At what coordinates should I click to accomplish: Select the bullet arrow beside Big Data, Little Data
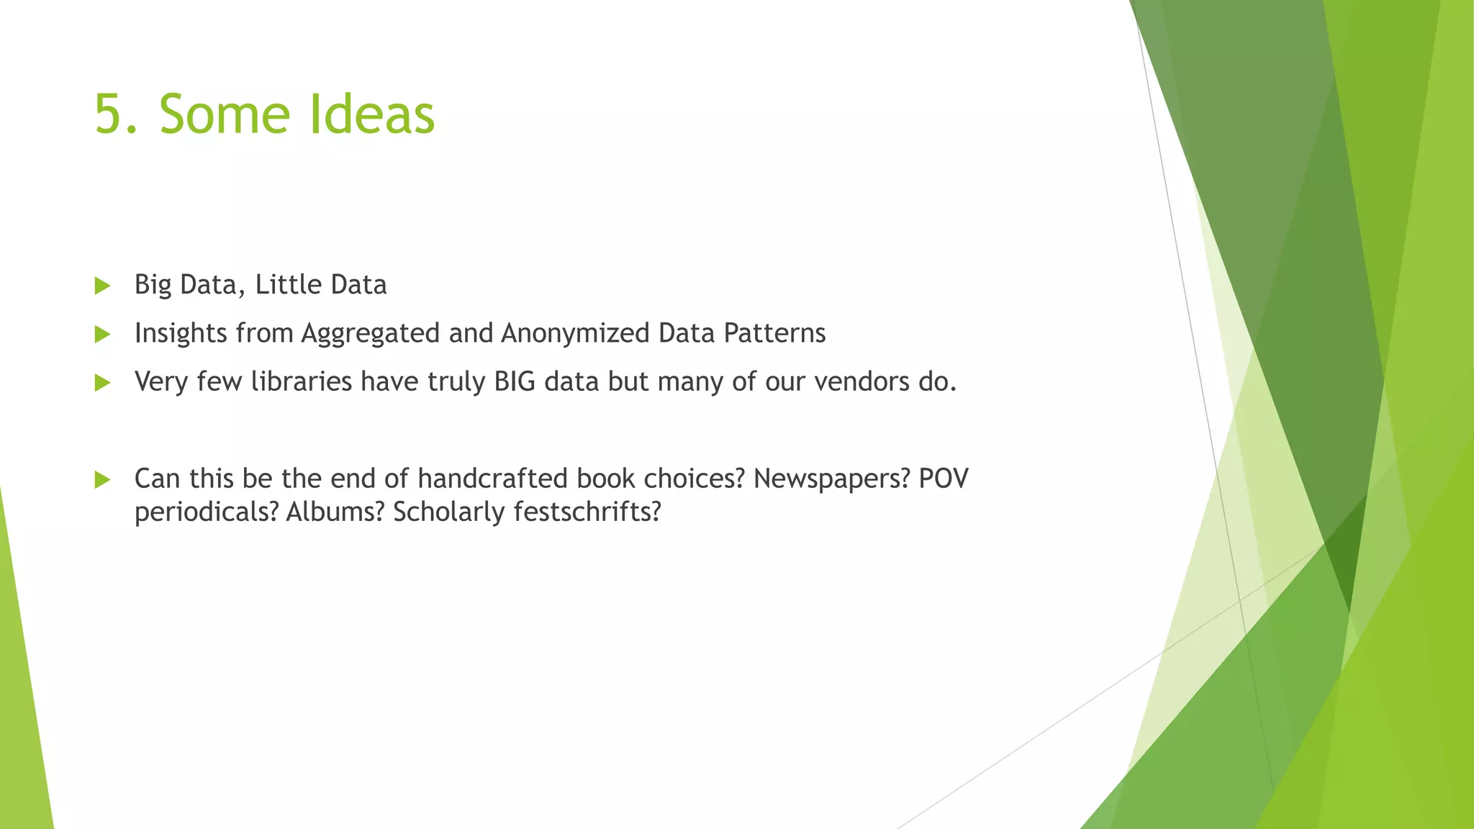(102, 286)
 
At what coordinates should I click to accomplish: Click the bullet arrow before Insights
(102, 335)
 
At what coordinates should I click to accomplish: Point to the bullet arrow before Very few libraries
(102, 383)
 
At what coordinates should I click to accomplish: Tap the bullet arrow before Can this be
(102, 480)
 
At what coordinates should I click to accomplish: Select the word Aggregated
(370, 334)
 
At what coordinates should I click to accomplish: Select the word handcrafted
(492, 479)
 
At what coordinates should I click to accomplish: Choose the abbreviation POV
(944, 479)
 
